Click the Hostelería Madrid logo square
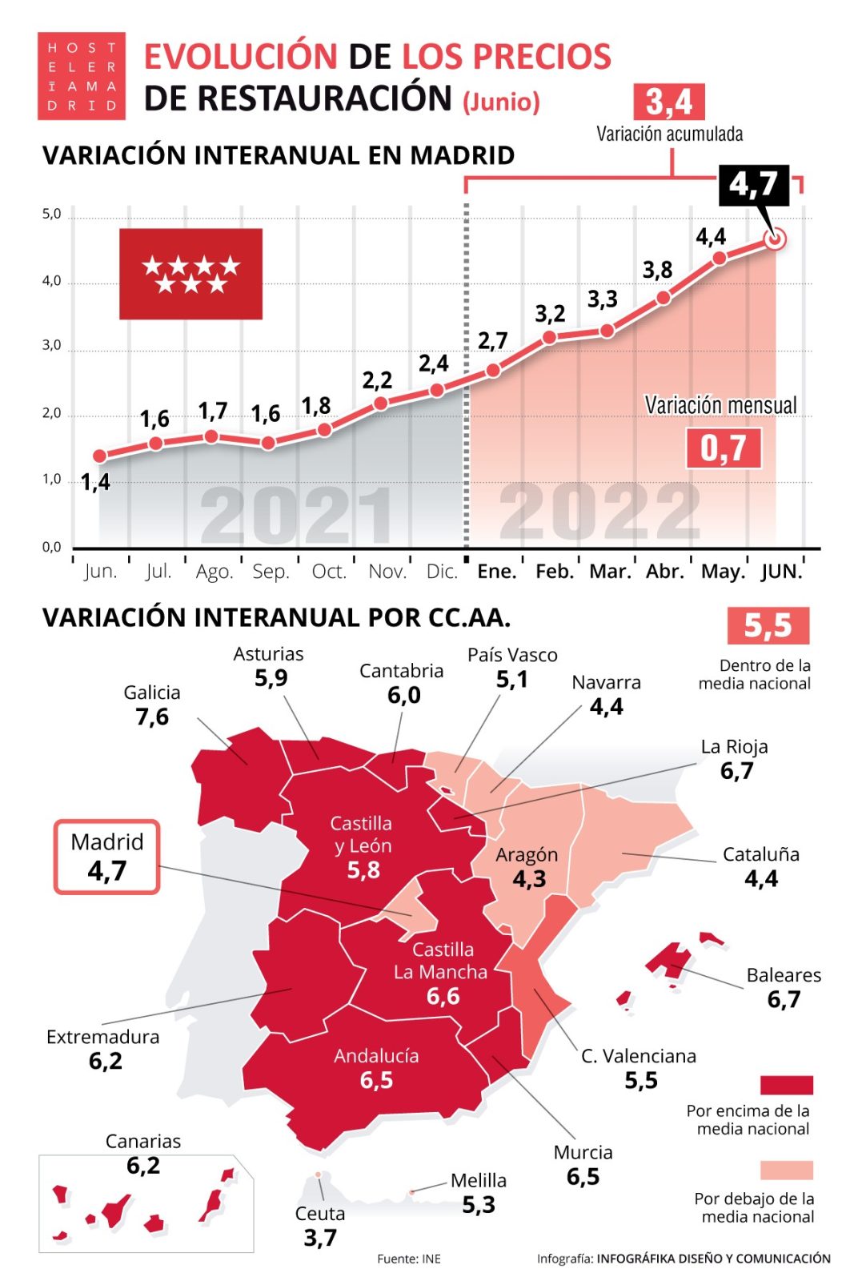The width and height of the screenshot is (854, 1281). coord(81,76)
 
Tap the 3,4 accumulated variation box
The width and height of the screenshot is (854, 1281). coord(668,102)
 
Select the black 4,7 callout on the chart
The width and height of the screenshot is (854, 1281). coord(753,185)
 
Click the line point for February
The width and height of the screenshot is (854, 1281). coord(549,337)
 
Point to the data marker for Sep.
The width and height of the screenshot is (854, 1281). coord(268,443)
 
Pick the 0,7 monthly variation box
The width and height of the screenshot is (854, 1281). coord(723,448)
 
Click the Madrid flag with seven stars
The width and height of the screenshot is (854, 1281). coord(190,274)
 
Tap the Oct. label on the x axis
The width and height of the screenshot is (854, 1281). coord(328,572)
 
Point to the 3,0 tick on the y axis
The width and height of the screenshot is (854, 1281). coord(51,346)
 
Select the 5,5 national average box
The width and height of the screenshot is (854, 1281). coord(768,625)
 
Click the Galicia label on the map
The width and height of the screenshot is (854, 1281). coord(152,693)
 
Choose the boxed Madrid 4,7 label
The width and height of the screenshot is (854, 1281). coord(106,857)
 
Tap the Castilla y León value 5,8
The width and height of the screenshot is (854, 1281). coord(363,870)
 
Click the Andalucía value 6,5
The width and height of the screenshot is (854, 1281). coord(376,1080)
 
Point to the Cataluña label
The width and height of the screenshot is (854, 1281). coord(760,854)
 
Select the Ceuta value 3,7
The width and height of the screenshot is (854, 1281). coord(320,1238)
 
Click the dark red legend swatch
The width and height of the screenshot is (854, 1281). coord(786,1085)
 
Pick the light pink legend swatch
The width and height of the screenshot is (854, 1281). coord(786,1170)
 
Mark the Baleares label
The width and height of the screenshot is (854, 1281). coord(784,975)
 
